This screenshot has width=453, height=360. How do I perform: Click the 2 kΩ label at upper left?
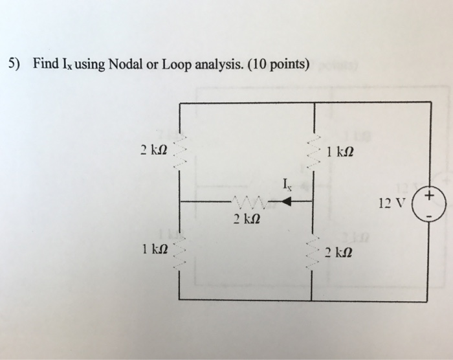point(153,150)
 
